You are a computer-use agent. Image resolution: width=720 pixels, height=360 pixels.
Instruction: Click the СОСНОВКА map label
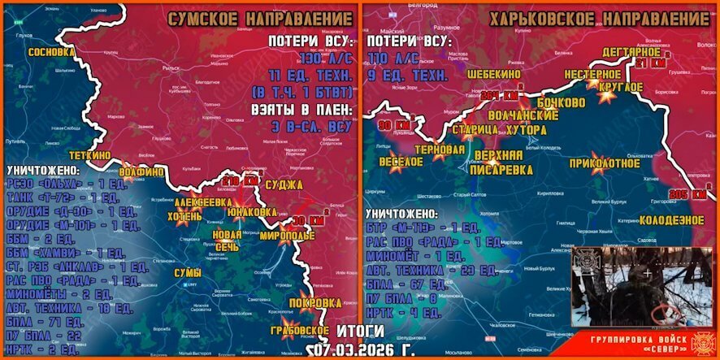pyautogui.click(x=51, y=51)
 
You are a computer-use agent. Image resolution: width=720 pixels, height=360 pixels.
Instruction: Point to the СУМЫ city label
pyautogui.click(x=188, y=272)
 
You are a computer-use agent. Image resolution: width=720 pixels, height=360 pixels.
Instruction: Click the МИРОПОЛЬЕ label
pyautogui.click(x=287, y=236)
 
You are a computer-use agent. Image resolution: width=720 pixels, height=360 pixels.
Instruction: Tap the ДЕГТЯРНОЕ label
pyautogui.click(x=631, y=52)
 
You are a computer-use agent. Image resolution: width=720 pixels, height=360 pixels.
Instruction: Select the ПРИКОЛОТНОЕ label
pyautogui.click(x=605, y=163)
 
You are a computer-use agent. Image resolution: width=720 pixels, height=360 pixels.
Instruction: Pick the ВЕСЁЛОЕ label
pyautogui.click(x=401, y=163)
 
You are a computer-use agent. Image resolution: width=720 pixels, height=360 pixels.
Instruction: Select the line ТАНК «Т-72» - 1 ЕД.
pyautogui.click(x=62, y=197)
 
